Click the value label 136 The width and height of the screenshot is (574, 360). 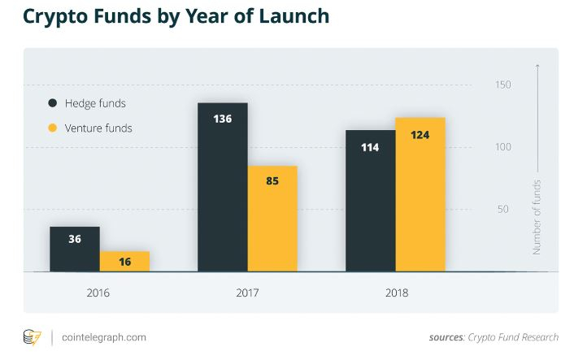[x=222, y=119]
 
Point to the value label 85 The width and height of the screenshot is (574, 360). [x=272, y=180]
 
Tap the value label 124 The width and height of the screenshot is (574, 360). [x=420, y=134]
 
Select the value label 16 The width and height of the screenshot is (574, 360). [x=124, y=262]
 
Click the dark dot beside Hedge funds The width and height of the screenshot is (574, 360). [x=53, y=103]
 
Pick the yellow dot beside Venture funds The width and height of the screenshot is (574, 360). [x=53, y=128]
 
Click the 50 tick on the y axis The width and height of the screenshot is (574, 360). [x=503, y=210]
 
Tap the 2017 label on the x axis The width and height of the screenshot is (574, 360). [x=247, y=293]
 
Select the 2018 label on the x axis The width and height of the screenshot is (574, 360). [x=395, y=293]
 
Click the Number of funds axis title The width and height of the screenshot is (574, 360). [x=537, y=217]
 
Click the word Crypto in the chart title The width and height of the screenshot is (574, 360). [x=54, y=16]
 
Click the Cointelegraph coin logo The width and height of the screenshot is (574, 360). [x=33, y=336]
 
